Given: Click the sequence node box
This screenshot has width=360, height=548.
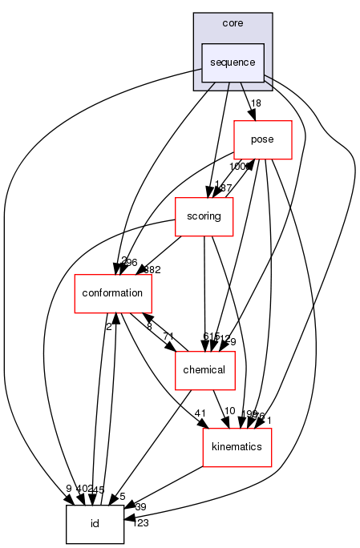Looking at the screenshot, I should [x=233, y=62].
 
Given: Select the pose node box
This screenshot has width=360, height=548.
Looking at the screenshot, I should [x=262, y=139].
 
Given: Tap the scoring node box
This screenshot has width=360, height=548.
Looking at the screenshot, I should [x=204, y=216].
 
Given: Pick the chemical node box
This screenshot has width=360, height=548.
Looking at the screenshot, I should [x=204, y=370].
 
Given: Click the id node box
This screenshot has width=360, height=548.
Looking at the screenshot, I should [x=95, y=524].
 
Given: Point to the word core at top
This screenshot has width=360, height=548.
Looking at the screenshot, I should [x=233, y=24].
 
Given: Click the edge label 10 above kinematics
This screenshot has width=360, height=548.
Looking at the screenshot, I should [x=229, y=412].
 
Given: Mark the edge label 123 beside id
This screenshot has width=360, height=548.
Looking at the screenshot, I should [x=140, y=523].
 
